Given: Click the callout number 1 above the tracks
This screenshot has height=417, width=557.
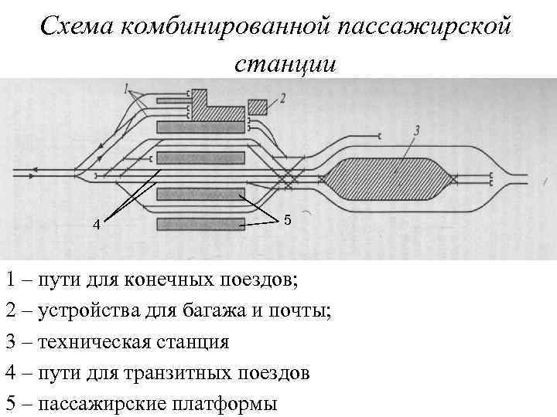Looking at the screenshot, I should (x=126, y=90).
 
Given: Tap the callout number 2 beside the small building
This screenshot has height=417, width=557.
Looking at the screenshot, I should (x=283, y=98).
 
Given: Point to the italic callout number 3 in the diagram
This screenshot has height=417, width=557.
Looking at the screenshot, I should (x=417, y=132).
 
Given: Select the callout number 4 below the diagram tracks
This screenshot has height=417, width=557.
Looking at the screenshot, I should (x=96, y=225).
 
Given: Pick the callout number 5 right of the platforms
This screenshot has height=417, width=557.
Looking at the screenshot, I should (x=287, y=220).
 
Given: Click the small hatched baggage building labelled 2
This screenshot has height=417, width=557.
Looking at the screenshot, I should (x=258, y=106).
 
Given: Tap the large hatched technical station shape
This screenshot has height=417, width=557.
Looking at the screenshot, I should (x=389, y=177).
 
